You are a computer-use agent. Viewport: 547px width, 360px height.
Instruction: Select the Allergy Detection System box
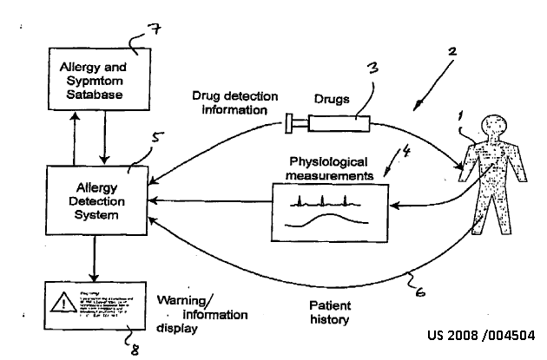93,201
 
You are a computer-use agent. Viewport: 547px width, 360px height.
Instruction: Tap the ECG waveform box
326,212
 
